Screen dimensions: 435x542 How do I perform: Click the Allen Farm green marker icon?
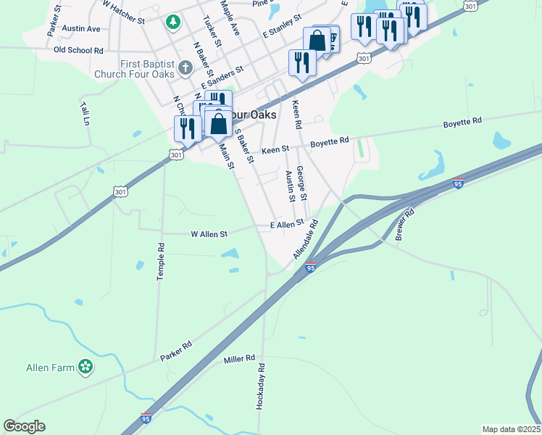tap(86, 367)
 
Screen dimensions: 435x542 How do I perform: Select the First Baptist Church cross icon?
tap(185, 69)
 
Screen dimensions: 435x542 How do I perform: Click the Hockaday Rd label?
tap(261, 388)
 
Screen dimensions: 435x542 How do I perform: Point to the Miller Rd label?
tap(240, 359)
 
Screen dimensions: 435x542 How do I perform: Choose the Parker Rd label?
tap(176, 352)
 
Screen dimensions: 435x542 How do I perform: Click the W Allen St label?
tap(209, 234)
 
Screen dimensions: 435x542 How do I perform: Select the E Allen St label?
tap(286, 225)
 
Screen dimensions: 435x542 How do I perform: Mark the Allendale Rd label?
tap(306, 240)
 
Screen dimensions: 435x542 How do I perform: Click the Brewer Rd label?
tap(404, 224)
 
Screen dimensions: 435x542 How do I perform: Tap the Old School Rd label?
tap(79, 51)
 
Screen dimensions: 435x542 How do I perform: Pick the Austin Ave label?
tap(81, 28)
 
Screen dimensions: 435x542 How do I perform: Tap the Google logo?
tap(24, 426)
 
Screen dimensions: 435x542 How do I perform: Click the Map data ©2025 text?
tap(511, 429)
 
